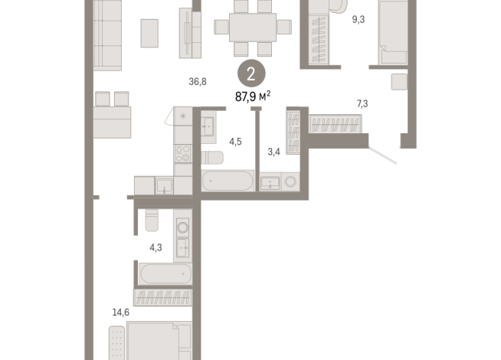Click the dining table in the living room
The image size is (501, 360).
pyautogui.click(x=253, y=28)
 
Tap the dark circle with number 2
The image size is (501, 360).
pyautogui.click(x=251, y=74)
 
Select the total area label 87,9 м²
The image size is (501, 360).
pyautogui.click(x=253, y=97)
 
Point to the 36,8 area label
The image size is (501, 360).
pyautogui.click(x=198, y=82)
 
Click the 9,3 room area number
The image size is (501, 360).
pyautogui.click(x=359, y=19)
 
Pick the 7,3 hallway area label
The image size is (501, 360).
pyautogui.click(x=362, y=103)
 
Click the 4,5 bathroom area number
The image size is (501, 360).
pyautogui.click(x=235, y=142)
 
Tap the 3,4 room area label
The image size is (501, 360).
pyautogui.click(x=273, y=152)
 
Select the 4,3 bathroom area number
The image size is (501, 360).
pyautogui.click(x=156, y=247)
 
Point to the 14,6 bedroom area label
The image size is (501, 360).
pyautogui.click(x=120, y=312)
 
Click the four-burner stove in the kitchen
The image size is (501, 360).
pyautogui.click(x=183, y=154)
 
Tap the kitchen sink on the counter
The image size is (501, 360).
pyautogui.click(x=164, y=186)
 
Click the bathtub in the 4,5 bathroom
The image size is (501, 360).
pyautogui.click(x=228, y=181)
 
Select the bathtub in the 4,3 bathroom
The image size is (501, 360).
pyautogui.click(x=165, y=274)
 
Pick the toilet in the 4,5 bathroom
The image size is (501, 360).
pyautogui.click(x=212, y=158)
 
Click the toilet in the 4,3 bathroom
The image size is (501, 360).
pyautogui.click(x=152, y=220)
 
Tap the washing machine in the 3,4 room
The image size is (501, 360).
pyautogui.click(x=290, y=182)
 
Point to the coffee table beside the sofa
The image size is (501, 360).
pyautogui.click(x=149, y=33)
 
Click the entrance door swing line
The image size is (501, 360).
pyautogui.click(x=382, y=155)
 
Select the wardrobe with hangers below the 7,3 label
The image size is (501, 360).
pyautogui.click(x=336, y=124)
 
